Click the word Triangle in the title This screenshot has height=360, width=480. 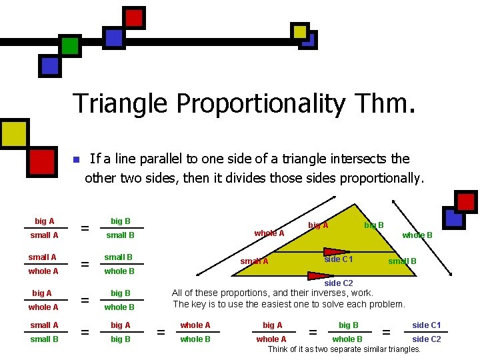click(x=119, y=103)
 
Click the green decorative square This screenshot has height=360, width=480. click(x=70, y=45)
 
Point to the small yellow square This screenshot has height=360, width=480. click(x=301, y=31)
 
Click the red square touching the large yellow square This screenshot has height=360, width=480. click(x=41, y=161)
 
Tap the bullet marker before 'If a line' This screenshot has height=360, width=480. click(x=76, y=160)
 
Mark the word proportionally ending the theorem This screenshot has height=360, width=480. click(x=382, y=178)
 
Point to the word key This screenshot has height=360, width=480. click(x=200, y=304)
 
